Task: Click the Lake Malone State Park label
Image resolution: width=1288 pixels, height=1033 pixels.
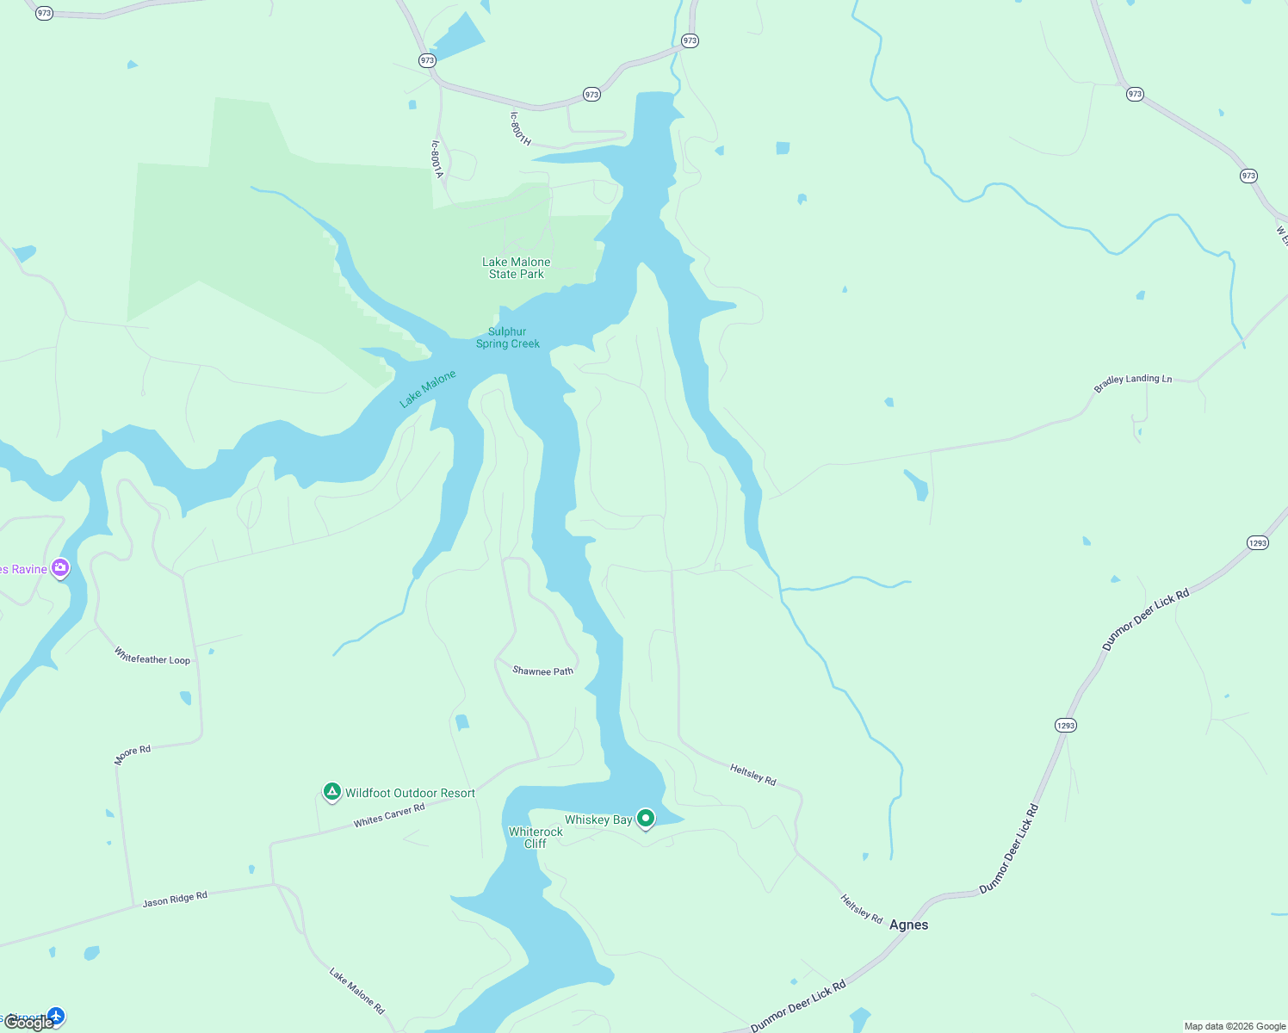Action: click(516, 268)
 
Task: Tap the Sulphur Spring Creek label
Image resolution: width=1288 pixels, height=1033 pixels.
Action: click(508, 337)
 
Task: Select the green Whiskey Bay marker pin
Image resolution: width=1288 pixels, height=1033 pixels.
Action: click(646, 819)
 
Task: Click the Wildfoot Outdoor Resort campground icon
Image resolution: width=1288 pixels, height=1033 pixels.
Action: click(332, 792)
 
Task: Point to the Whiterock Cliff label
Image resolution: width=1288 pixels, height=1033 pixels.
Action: click(536, 838)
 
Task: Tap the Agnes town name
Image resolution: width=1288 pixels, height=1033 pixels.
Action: click(908, 925)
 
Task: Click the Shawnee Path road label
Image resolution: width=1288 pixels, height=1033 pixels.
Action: click(542, 671)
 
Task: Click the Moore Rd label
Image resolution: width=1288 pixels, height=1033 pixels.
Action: click(133, 755)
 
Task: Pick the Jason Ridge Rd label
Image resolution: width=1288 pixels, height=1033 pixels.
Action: click(175, 900)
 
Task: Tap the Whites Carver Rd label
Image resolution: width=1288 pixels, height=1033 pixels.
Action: click(389, 815)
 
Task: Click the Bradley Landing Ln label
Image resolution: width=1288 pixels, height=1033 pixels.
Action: click(1132, 384)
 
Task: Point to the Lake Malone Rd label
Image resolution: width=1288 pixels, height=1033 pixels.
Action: click(356, 990)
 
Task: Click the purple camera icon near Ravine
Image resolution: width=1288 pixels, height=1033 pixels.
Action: click(60, 567)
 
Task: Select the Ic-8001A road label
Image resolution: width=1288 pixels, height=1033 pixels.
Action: click(437, 160)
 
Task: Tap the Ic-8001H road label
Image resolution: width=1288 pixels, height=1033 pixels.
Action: click(520, 128)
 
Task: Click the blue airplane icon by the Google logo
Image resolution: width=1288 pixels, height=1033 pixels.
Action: click(56, 1017)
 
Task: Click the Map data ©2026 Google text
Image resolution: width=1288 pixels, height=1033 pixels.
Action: click(1235, 1026)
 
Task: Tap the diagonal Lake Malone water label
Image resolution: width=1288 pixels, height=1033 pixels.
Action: click(428, 389)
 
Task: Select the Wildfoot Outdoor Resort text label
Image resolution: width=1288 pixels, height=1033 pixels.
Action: click(410, 793)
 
